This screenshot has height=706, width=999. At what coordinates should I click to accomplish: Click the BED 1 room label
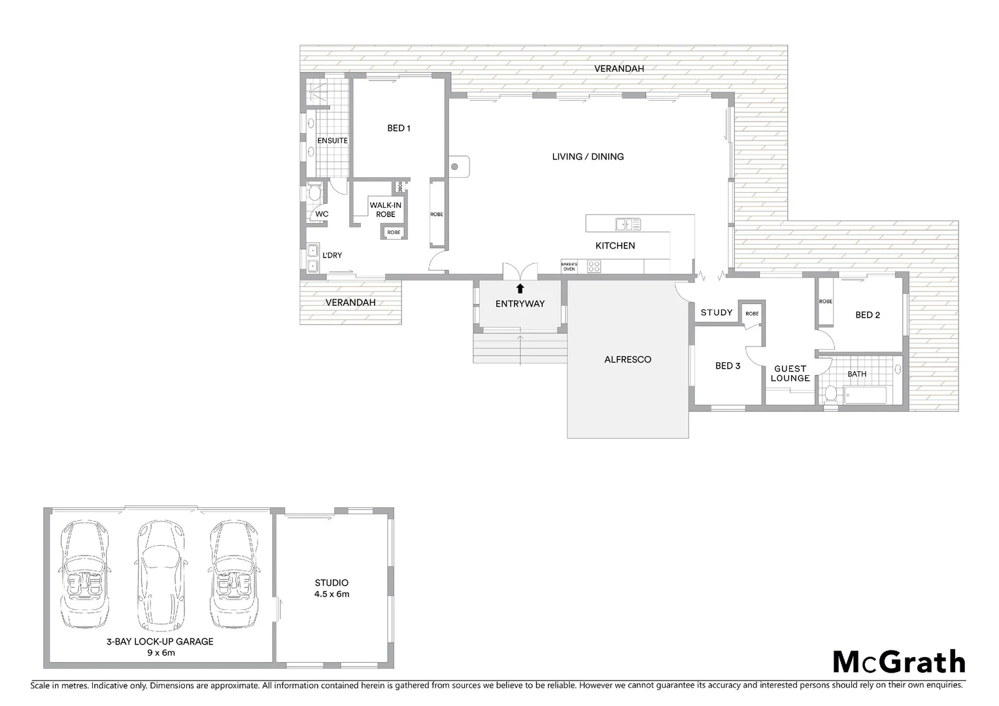tap(399, 128)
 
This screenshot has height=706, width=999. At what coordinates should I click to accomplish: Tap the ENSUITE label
tap(332, 141)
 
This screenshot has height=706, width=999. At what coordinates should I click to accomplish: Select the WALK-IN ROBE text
tap(386, 209)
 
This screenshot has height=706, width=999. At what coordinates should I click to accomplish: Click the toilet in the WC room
tap(314, 193)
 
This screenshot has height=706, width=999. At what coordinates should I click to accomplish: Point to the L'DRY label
tap(331, 255)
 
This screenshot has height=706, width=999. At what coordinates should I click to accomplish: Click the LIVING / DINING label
tap(588, 156)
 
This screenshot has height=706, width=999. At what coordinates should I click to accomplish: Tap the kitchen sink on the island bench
tap(628, 225)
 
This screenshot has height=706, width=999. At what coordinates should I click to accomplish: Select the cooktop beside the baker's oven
tap(594, 266)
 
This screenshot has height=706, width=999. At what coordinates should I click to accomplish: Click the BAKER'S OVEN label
tap(569, 266)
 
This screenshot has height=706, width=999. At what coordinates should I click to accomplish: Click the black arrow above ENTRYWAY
tap(520, 288)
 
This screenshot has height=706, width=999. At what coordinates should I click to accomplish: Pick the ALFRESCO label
tap(628, 360)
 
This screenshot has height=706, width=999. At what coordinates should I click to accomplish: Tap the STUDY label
tap(717, 312)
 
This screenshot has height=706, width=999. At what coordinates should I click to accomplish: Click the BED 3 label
tap(728, 366)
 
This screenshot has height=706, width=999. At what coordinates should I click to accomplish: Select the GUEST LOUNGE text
tap(790, 373)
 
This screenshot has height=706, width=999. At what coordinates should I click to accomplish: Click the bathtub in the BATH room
tap(864, 395)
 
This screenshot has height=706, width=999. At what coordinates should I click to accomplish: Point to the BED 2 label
tap(868, 315)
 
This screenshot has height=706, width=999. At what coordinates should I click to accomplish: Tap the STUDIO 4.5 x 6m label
tap(331, 588)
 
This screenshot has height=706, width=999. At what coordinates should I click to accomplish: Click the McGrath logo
tap(898, 662)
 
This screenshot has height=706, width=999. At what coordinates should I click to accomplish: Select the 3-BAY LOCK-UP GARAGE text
tap(160, 647)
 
